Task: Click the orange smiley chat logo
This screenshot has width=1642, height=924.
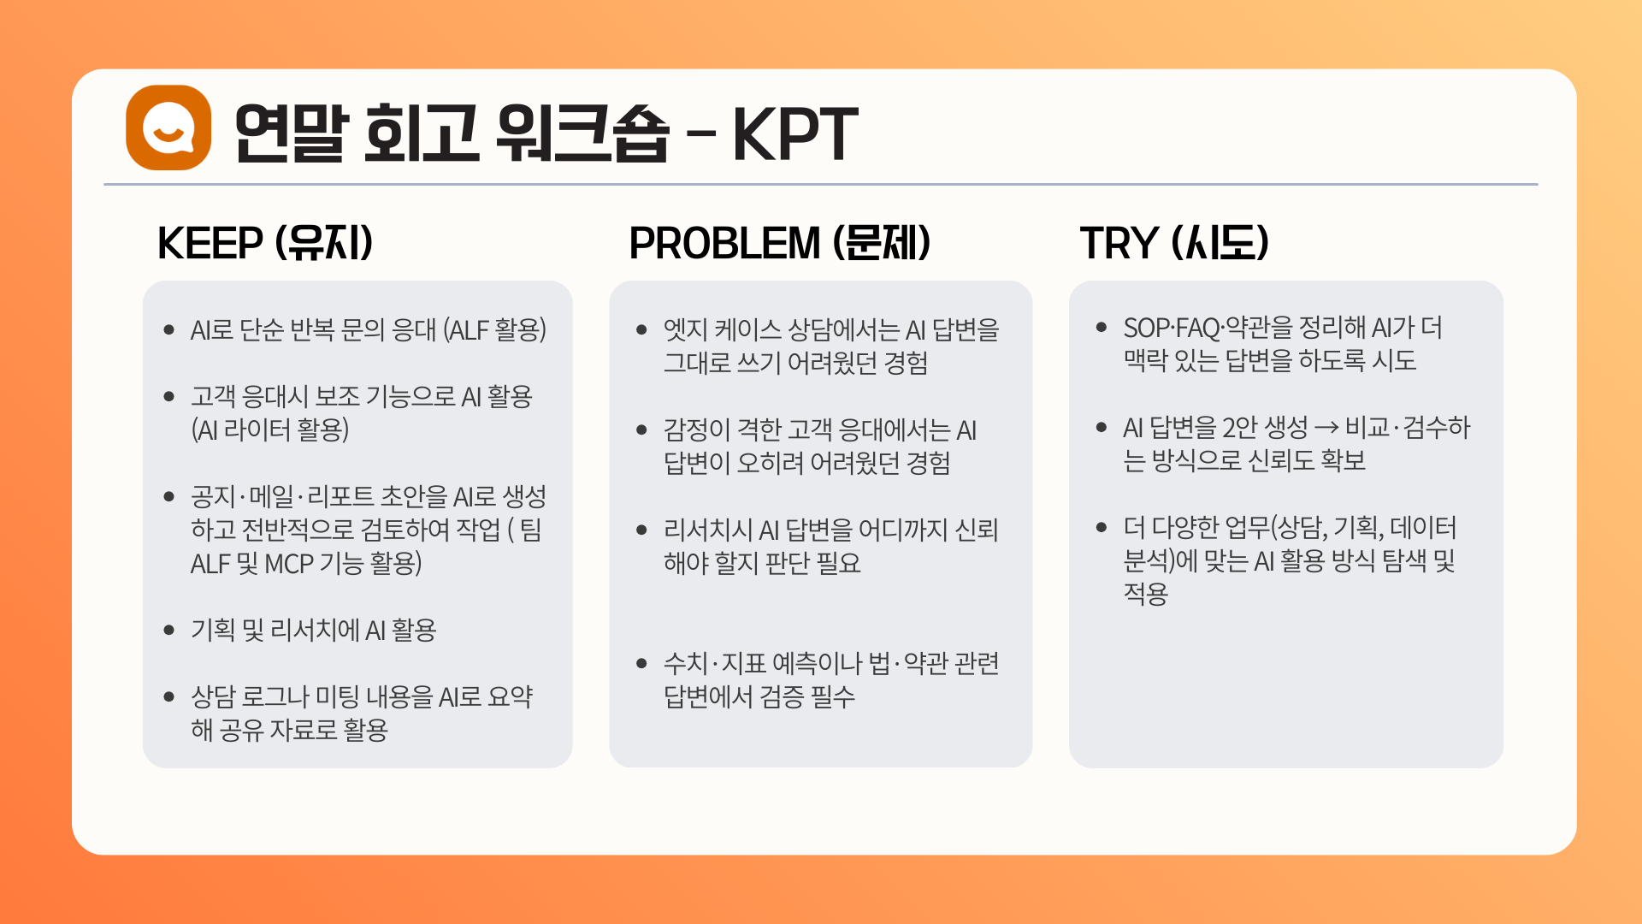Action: tap(168, 127)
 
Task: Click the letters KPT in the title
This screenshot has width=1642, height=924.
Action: tap(795, 133)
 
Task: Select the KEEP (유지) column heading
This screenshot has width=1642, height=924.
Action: tap(265, 243)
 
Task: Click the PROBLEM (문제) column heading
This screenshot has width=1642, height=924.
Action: tap(780, 243)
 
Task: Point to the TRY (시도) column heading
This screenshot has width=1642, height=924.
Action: tap(1174, 243)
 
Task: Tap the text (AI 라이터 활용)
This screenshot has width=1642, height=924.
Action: tap(270, 429)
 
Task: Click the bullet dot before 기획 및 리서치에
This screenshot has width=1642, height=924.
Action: tap(168, 631)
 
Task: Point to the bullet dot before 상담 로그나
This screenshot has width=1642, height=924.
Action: tap(168, 697)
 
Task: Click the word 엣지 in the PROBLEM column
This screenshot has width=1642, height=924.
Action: tap(685, 330)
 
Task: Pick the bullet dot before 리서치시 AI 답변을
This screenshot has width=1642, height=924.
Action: tap(641, 530)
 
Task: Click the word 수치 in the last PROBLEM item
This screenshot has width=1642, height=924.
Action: tap(685, 664)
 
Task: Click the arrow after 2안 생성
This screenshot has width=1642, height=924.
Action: tap(1326, 429)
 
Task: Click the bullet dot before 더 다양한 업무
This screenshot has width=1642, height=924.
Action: tap(1102, 528)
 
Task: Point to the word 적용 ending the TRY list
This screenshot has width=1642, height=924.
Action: tap(1145, 594)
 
